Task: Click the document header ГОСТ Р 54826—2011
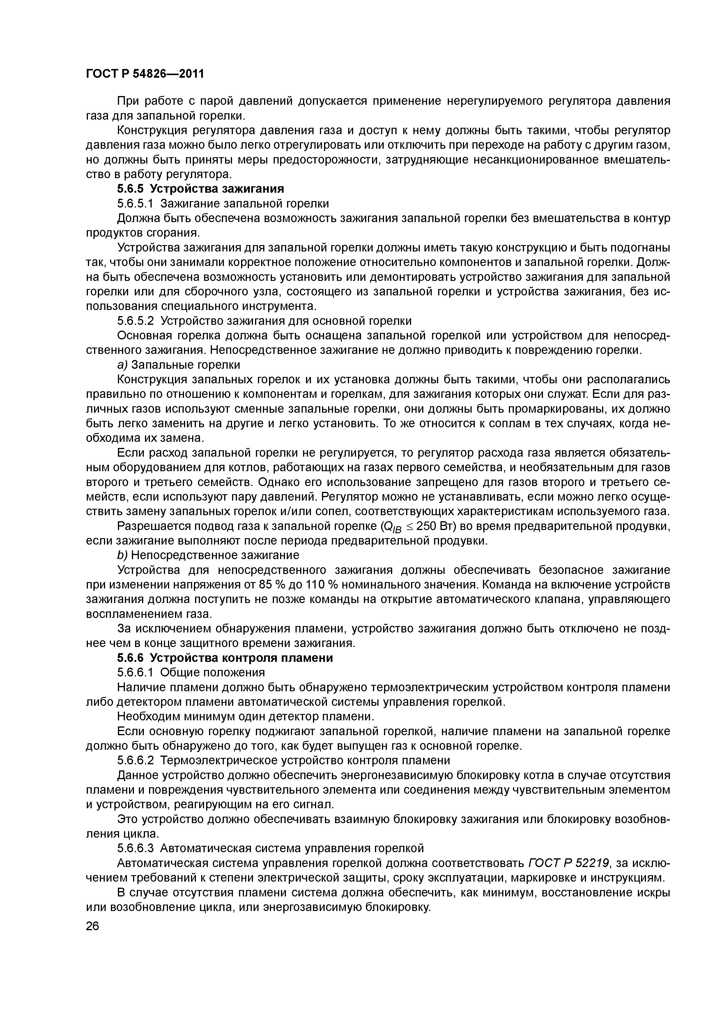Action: pos(145,73)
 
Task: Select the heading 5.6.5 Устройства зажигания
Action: pos(200,189)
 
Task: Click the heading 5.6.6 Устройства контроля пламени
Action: pos(225,658)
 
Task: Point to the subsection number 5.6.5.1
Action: pos(135,204)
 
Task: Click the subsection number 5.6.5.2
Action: pos(135,321)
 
